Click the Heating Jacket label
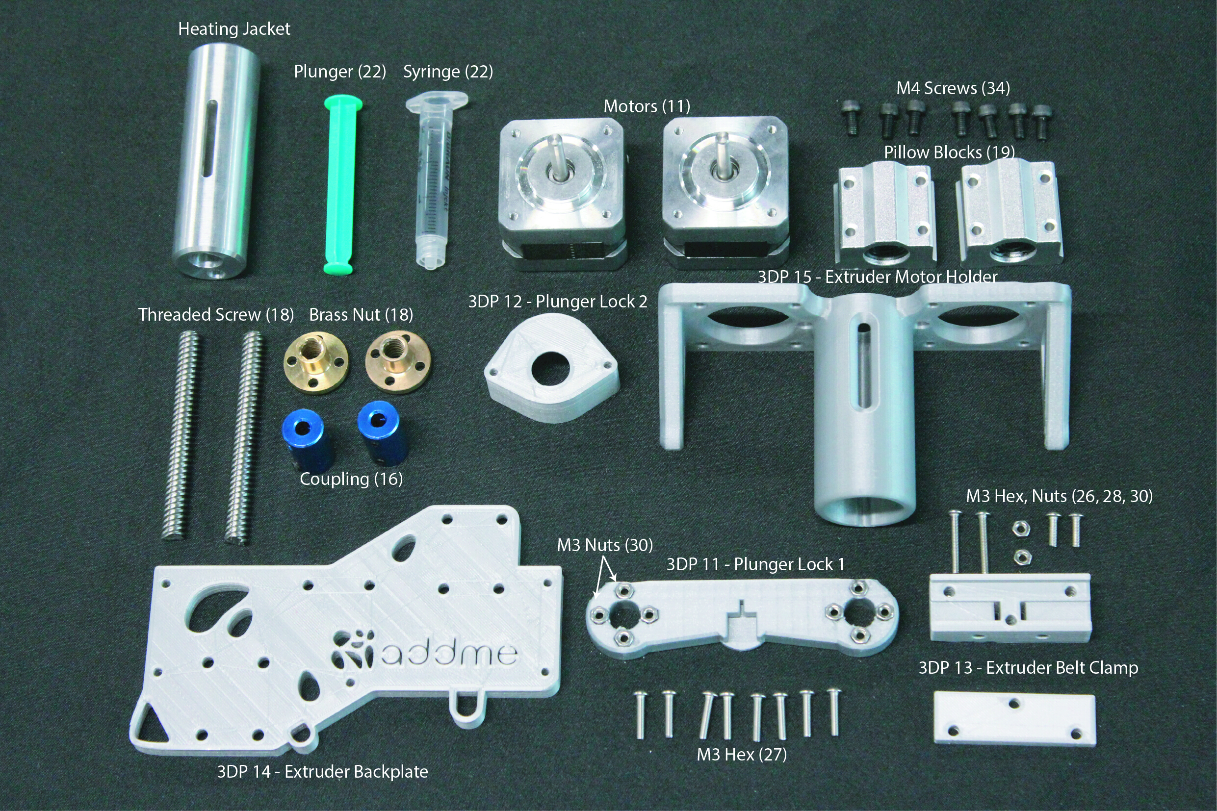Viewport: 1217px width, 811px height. click(x=234, y=29)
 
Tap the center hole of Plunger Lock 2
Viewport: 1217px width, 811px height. click(x=550, y=368)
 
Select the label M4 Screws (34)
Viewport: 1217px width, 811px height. click(x=953, y=88)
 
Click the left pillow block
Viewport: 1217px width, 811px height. click(x=885, y=212)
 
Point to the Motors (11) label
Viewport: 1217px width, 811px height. click(x=647, y=106)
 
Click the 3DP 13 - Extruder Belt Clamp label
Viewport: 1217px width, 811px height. click(x=1028, y=668)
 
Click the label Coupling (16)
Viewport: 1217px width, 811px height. click(x=351, y=479)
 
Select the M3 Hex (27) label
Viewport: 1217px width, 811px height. click(x=742, y=755)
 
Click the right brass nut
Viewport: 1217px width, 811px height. click(x=397, y=362)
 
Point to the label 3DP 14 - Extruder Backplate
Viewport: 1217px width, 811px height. click(x=322, y=772)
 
